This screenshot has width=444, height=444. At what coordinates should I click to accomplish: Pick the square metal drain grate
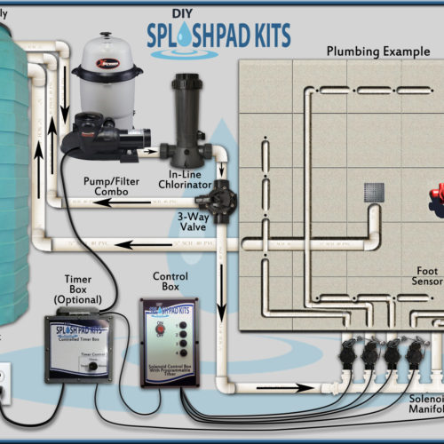pyautogui.click(x=375, y=192)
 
